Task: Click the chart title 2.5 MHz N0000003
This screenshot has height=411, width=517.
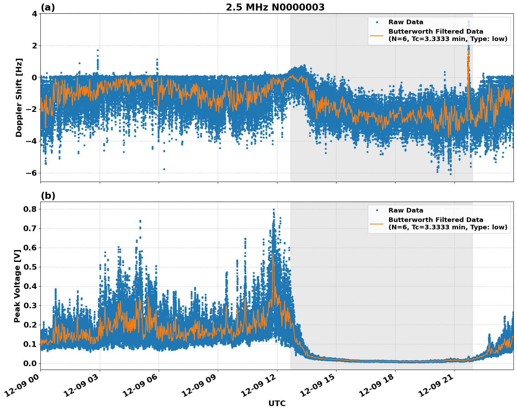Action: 275,7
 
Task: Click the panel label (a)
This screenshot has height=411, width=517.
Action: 48,7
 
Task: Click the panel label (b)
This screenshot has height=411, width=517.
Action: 48,196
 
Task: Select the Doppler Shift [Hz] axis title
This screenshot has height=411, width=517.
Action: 19,97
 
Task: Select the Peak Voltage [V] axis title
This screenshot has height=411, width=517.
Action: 17,286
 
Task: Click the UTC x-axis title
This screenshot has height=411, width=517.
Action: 277,403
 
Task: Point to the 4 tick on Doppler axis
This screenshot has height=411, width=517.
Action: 34,14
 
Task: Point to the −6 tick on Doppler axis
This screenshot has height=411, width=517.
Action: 32,173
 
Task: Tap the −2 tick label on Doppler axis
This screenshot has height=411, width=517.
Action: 32,109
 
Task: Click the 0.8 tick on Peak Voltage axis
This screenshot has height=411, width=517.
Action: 31,209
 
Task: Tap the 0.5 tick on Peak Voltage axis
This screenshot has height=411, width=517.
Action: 31,267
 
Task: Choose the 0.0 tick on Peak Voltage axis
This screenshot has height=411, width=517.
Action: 31,363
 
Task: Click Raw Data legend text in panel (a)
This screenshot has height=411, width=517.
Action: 406,22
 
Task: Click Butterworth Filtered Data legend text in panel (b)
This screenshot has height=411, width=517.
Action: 436,220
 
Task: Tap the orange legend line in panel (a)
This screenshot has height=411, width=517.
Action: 377,35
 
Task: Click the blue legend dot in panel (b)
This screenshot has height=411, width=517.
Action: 377,210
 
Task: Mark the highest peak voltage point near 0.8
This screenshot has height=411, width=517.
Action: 274,209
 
